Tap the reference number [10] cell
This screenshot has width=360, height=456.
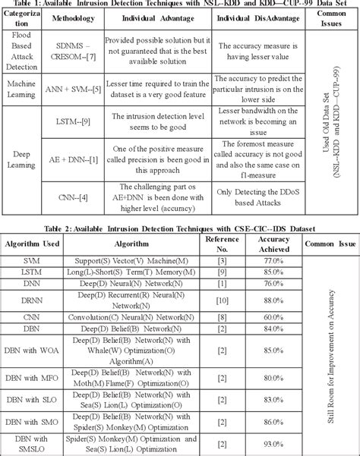(222, 303)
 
